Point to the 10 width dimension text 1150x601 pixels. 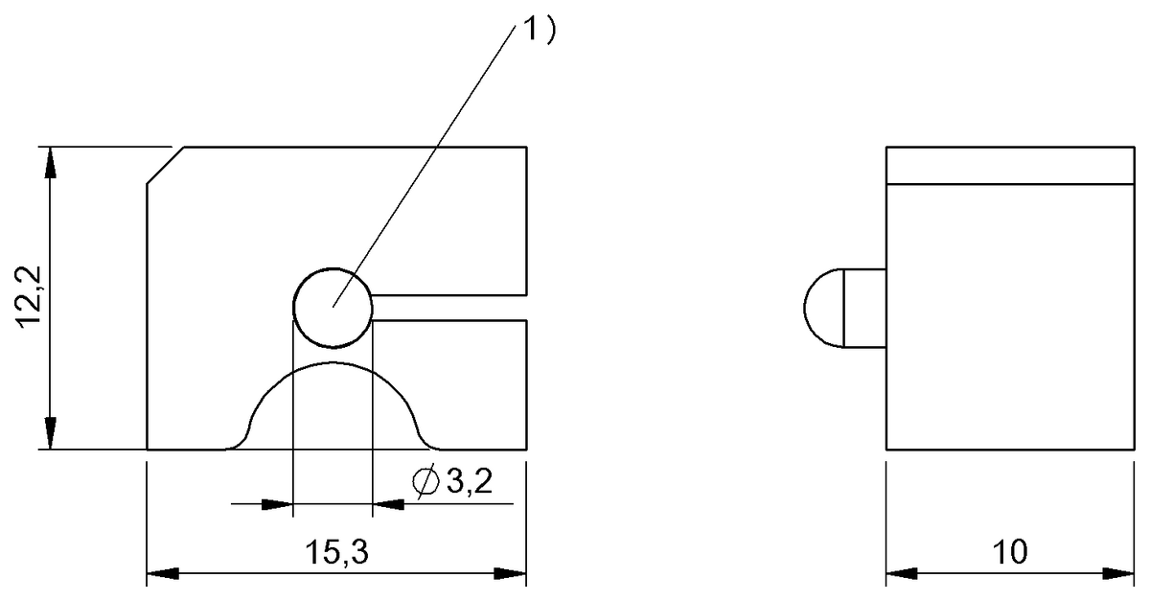[x=1010, y=552]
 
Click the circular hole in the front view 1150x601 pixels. [x=332, y=306]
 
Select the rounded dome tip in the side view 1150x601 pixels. [x=822, y=307]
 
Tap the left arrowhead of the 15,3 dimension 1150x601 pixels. [x=163, y=574]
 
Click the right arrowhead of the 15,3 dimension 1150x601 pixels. [x=510, y=574]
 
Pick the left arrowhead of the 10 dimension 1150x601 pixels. [x=902, y=574]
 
